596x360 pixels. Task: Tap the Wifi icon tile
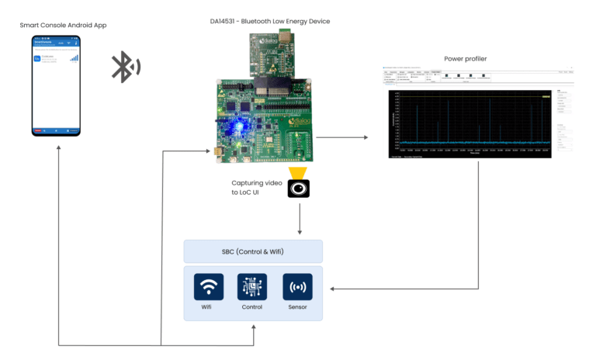point(208,286)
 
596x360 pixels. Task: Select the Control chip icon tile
point(252,286)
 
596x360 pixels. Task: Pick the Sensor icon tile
point(297,286)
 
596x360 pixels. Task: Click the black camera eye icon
point(300,189)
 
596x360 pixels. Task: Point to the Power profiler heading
point(466,58)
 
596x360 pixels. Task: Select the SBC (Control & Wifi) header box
point(252,251)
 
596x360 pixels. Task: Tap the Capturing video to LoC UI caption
point(256,187)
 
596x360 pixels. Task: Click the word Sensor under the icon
point(297,307)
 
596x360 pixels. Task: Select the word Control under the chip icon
point(252,307)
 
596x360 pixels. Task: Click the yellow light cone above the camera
point(300,171)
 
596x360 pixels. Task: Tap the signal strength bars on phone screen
point(74,57)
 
